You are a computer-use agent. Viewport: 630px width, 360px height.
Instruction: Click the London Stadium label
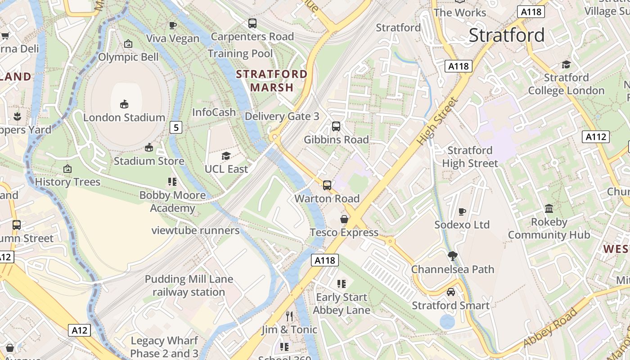[x=124, y=117]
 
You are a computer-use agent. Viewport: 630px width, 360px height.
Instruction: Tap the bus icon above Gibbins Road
[x=336, y=126]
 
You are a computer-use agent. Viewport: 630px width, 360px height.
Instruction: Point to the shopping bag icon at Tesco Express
[x=344, y=219]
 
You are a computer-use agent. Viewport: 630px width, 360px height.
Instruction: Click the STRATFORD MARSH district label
[x=272, y=81]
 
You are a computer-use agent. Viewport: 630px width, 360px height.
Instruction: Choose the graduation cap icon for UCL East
[x=226, y=156]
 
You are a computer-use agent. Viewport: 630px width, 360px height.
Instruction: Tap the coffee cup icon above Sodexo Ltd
[x=462, y=211]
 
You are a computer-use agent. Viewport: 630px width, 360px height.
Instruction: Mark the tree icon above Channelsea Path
[x=453, y=256]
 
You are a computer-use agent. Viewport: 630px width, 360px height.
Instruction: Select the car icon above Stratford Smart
[x=451, y=292]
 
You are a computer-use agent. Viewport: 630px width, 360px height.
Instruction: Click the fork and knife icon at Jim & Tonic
[x=289, y=316]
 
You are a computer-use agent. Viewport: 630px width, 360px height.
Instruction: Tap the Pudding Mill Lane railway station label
[x=189, y=286]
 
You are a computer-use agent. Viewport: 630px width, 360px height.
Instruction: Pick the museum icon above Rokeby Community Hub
[x=549, y=208]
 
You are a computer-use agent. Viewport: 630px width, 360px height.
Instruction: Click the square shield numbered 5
[x=176, y=128]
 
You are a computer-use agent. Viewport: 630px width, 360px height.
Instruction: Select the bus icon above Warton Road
[x=327, y=185]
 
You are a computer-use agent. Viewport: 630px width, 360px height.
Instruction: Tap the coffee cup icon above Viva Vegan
[x=172, y=25]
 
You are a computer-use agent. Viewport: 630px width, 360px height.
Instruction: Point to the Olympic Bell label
[x=128, y=57]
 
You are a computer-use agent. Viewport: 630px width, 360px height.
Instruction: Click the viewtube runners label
[x=195, y=230]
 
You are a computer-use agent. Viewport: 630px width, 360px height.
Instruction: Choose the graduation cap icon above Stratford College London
[x=566, y=64]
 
